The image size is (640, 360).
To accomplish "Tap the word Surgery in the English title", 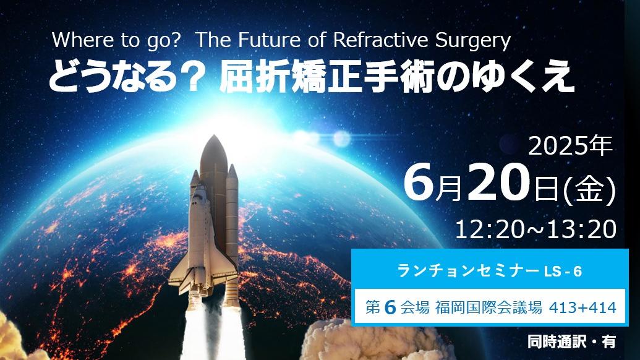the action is pyautogui.click(x=473, y=41).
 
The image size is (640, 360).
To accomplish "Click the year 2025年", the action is pyautogui.click(x=570, y=146).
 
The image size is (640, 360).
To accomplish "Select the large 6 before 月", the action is pyautogui.click(x=419, y=182).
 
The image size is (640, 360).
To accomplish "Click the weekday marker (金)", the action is pyautogui.click(x=589, y=189).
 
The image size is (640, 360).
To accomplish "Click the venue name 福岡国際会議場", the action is pyautogui.click(x=488, y=307).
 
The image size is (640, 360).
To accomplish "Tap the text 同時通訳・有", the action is pyautogui.click(x=571, y=341).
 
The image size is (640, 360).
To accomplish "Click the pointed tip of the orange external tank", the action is pyautogui.click(x=213, y=136).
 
